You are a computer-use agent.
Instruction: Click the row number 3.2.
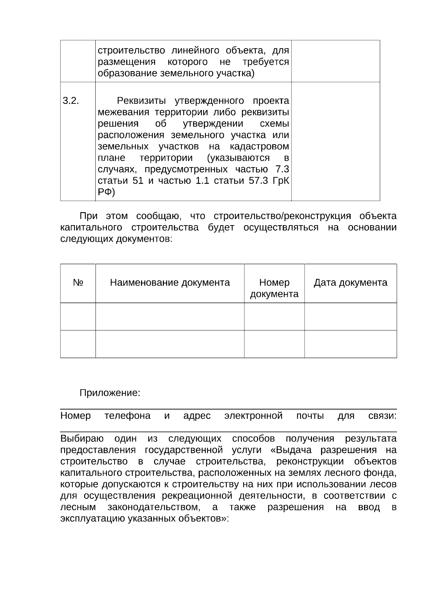(x=71, y=101)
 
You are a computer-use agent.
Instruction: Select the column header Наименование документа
(x=170, y=282)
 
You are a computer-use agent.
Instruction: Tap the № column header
(x=78, y=282)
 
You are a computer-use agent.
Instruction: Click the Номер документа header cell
(x=274, y=288)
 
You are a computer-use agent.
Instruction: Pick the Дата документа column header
(x=350, y=282)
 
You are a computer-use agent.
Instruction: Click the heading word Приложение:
(x=110, y=393)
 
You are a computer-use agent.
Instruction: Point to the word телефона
(x=127, y=416)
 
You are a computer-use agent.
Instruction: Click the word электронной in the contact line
(x=253, y=416)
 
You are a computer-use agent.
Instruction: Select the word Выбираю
(x=82, y=439)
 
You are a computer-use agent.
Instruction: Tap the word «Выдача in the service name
(x=294, y=450)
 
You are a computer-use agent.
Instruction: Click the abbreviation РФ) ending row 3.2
(x=106, y=192)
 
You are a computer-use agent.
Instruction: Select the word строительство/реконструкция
(x=282, y=216)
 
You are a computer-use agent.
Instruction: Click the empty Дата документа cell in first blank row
(x=350, y=317)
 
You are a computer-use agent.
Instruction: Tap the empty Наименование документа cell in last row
(x=170, y=344)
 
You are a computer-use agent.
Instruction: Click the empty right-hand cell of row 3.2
(x=335, y=141)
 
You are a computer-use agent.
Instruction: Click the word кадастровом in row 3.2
(x=260, y=146)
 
